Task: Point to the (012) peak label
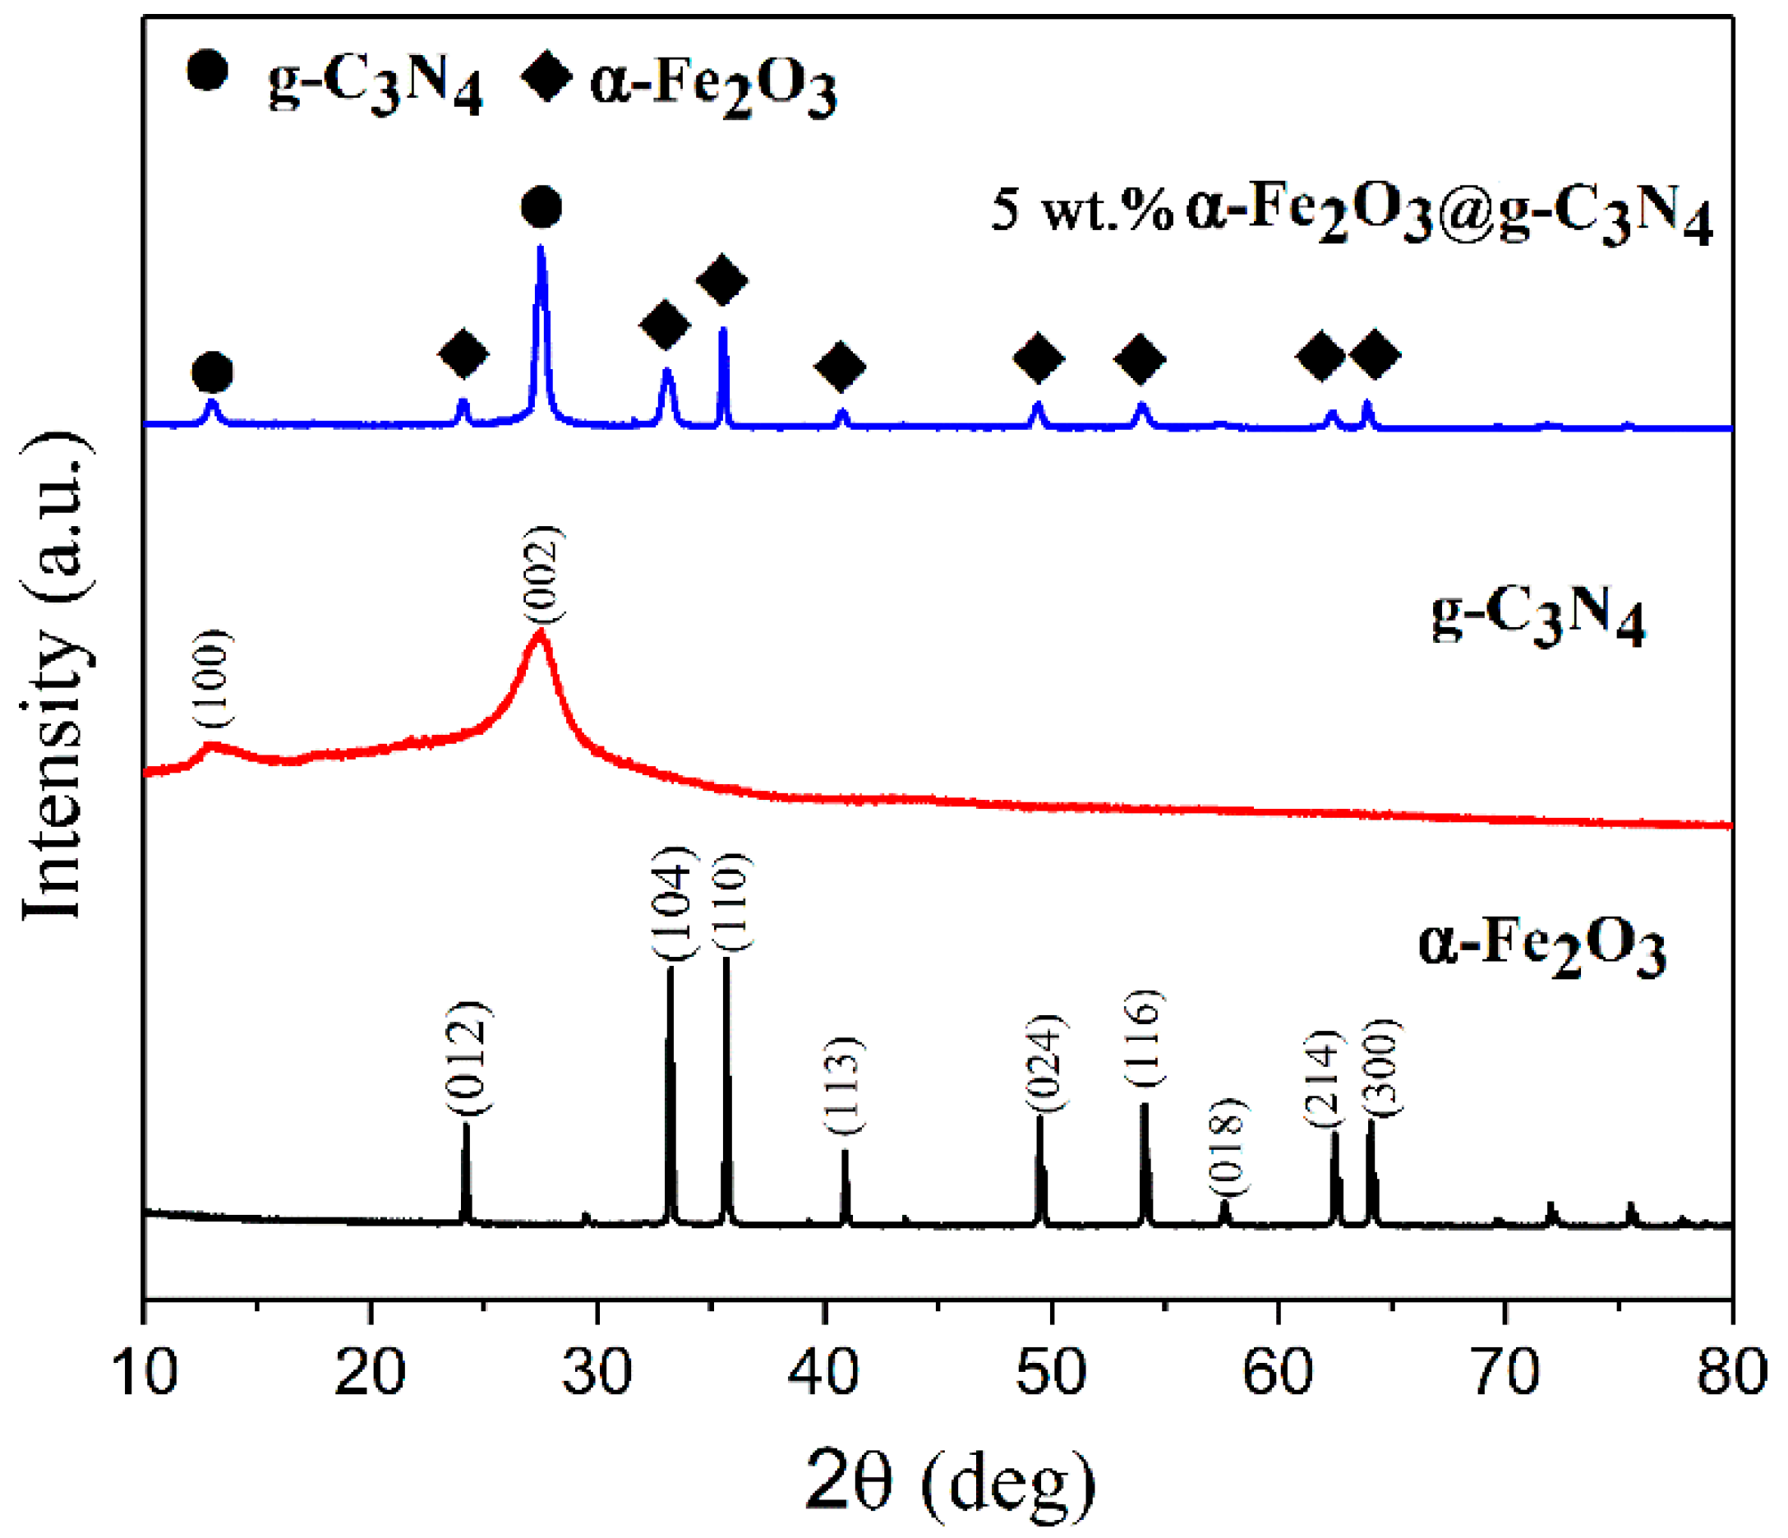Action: coord(468,1058)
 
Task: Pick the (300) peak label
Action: coord(1380,1069)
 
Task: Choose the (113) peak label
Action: coord(842,1086)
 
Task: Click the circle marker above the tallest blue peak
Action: coord(541,208)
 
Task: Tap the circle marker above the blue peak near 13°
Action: coord(212,372)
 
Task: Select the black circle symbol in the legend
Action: coord(206,70)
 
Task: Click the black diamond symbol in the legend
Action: coord(546,75)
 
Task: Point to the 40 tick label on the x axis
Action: coord(825,1373)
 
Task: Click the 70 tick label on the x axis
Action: coord(1505,1373)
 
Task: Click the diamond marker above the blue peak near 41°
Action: coord(840,365)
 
